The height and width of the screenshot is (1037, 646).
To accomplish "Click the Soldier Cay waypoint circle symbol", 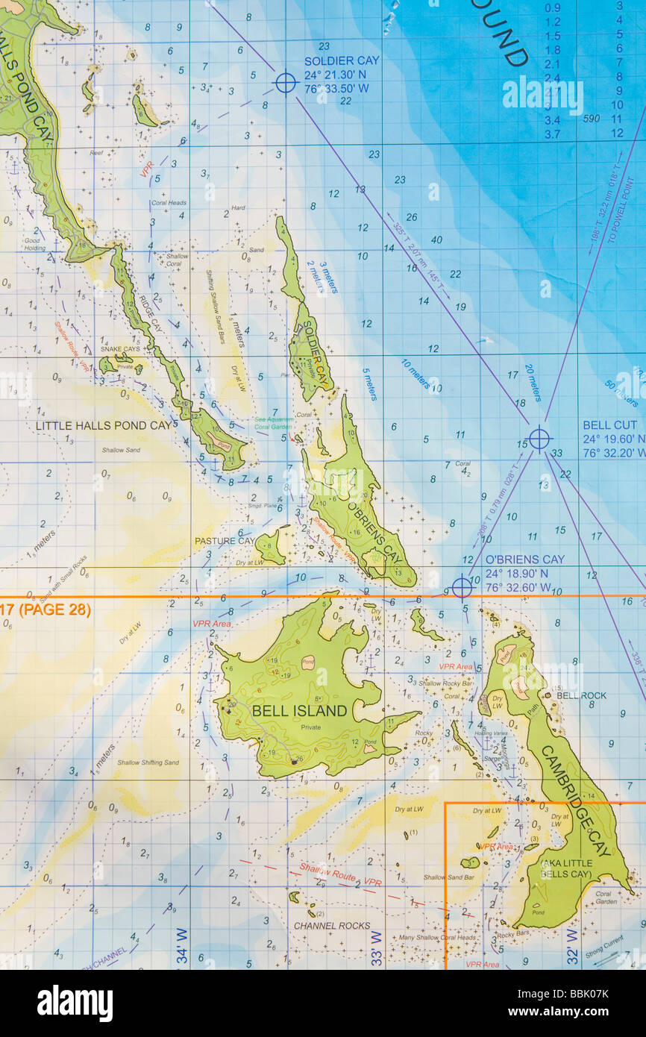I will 286,82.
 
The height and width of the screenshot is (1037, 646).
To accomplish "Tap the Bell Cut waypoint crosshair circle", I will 539,439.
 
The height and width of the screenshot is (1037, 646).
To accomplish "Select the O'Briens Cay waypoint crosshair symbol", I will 462,587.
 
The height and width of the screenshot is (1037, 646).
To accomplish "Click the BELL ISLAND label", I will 299,711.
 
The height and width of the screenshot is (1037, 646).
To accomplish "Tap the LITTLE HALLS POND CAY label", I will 103,426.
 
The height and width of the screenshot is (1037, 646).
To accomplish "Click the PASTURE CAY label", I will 225,541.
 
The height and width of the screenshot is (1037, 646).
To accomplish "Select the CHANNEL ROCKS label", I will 331,926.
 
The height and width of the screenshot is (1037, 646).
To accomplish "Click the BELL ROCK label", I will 582,695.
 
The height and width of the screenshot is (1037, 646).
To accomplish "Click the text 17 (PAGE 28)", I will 46,610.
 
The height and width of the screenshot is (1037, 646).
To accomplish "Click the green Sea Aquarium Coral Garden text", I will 274,422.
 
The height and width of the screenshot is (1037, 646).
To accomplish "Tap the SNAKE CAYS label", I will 119,349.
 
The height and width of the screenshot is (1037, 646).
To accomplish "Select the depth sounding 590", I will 592,119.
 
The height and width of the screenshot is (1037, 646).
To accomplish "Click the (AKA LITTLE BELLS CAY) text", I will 566,868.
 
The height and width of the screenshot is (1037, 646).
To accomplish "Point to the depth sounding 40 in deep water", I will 436,239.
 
